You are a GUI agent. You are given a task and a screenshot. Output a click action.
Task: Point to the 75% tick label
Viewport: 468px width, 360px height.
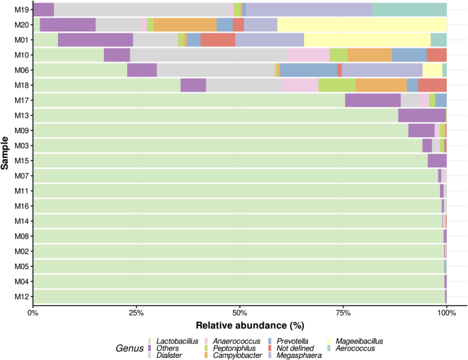pos(343,313)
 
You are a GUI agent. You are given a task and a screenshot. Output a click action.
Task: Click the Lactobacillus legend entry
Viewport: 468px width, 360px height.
pos(176,340)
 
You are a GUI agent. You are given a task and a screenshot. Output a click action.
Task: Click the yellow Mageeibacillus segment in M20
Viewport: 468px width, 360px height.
pos(361,25)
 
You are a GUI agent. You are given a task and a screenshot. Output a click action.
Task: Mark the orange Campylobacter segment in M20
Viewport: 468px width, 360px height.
pos(185,25)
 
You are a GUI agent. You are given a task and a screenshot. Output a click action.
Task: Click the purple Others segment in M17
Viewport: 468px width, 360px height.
pos(372,100)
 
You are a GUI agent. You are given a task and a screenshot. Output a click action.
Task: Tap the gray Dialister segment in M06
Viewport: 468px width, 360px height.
pos(216,70)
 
